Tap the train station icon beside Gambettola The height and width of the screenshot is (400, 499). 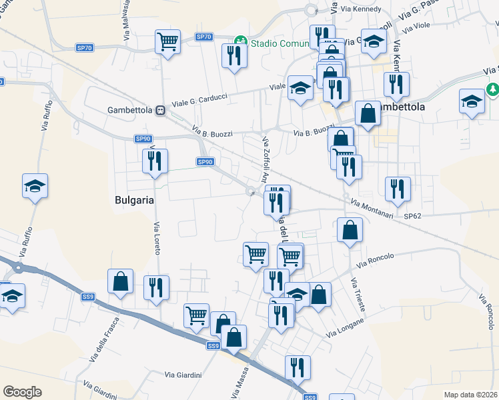click(x=160, y=110)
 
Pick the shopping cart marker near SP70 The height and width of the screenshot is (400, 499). click(x=167, y=42)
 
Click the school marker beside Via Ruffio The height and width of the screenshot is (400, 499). click(x=35, y=186)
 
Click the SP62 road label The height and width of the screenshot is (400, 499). click(x=413, y=216)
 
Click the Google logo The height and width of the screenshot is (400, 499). click(x=22, y=392)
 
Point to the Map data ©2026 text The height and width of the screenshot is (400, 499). click(x=471, y=395)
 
